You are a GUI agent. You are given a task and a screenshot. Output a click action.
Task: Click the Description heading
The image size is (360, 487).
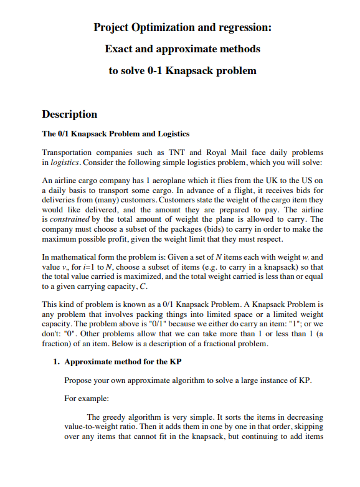coord(69,114)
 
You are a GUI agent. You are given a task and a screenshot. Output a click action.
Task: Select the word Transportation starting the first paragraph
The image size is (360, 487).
coord(69,153)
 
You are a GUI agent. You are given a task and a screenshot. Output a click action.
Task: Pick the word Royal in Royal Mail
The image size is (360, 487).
coord(230,153)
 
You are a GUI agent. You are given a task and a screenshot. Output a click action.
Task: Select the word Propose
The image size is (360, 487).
coord(78,380)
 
